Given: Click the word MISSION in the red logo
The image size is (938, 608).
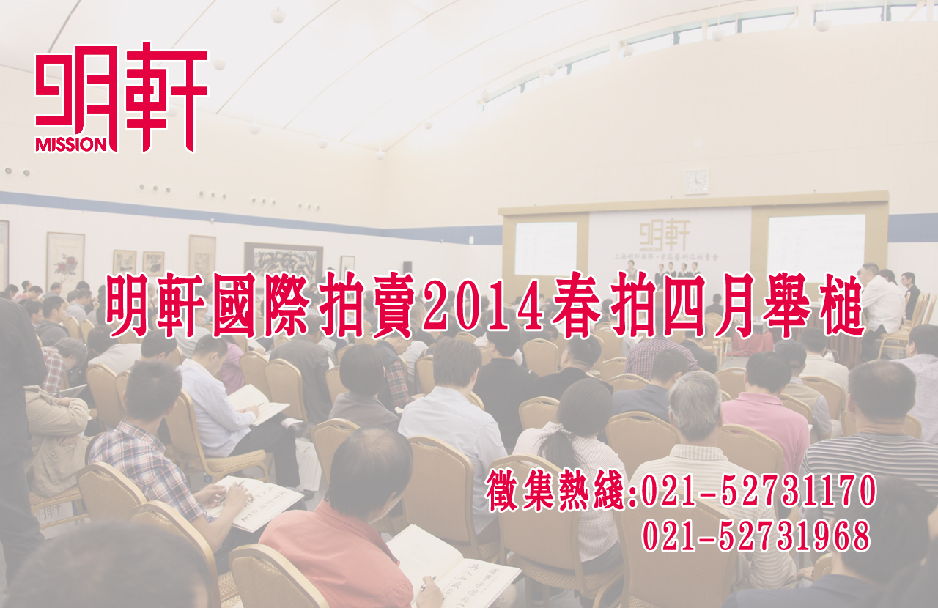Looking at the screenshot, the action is (x=71, y=144).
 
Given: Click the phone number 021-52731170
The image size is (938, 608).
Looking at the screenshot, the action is (x=758, y=490).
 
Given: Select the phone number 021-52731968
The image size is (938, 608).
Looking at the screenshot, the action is (x=756, y=535).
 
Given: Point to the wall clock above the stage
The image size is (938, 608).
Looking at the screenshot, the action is (x=696, y=182).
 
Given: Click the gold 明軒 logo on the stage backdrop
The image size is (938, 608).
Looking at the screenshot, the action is (x=665, y=234).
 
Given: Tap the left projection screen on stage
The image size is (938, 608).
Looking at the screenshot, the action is (x=546, y=248).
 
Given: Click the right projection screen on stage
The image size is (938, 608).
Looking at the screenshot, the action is (x=816, y=243).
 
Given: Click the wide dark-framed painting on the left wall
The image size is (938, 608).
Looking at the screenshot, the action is (x=284, y=262).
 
